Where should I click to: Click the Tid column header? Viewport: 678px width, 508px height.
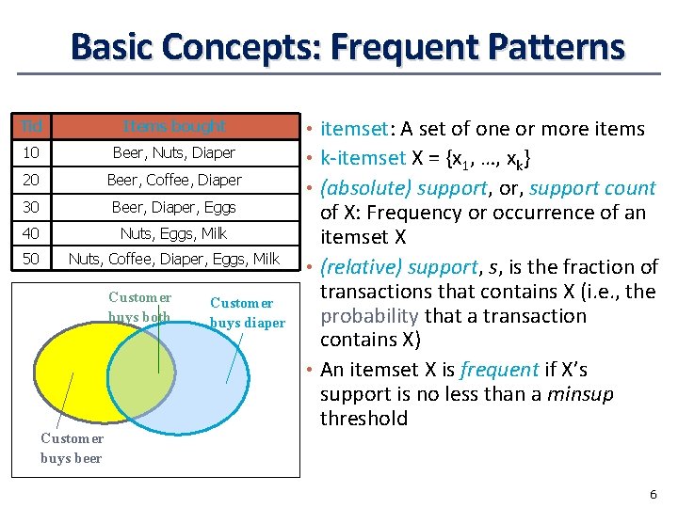pos(28,126)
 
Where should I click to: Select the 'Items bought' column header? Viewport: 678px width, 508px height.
pos(174,126)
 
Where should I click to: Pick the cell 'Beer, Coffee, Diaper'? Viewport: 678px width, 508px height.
pos(174,180)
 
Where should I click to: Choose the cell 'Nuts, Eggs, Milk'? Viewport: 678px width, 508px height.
pos(174,233)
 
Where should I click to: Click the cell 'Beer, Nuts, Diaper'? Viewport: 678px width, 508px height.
pos(174,152)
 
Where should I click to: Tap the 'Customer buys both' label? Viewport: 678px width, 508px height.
pos(139,308)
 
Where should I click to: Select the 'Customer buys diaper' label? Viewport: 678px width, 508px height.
pos(247,313)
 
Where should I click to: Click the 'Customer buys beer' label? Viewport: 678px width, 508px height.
pos(73,448)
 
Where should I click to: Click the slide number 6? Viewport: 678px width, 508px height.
pos(653,495)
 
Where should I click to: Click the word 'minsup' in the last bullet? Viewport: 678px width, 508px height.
pos(581,394)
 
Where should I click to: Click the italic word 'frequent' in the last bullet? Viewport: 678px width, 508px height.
pos(499,370)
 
